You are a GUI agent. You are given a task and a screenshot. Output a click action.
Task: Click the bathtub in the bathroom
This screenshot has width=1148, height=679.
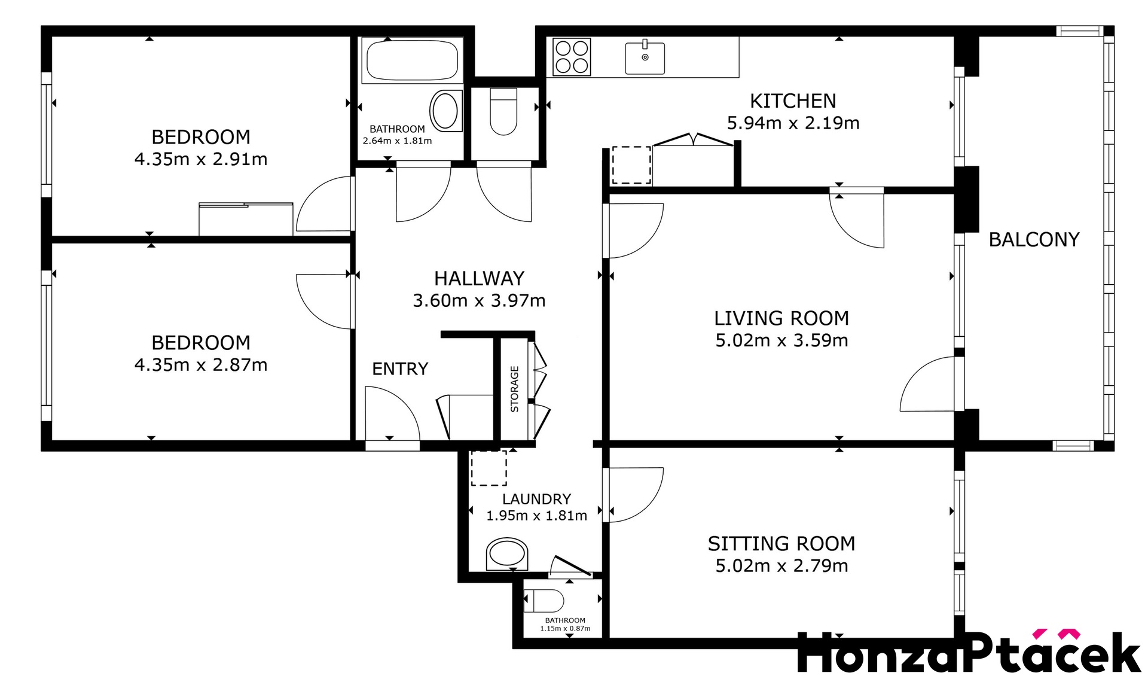click(x=412, y=60)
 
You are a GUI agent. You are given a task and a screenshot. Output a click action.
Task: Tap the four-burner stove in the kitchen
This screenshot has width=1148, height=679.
click(x=572, y=57)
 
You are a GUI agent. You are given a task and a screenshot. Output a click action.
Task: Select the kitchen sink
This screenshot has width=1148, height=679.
click(x=645, y=57)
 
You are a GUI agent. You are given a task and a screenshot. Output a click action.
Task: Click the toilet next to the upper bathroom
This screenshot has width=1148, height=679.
click(x=503, y=111)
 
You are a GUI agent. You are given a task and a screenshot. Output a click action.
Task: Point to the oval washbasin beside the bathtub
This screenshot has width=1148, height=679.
click(x=446, y=111)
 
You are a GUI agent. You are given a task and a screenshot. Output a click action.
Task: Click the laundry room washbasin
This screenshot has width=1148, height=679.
click(x=507, y=554)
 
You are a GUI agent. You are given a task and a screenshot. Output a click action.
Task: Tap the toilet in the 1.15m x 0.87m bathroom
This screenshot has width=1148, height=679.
click(x=544, y=601)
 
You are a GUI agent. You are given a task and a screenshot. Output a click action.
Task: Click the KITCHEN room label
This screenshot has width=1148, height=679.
click(x=793, y=101)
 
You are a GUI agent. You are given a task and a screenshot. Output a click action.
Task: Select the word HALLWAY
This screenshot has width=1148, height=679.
click(x=479, y=278)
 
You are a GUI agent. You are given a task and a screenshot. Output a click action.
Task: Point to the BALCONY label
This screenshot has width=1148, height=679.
click(x=1034, y=239)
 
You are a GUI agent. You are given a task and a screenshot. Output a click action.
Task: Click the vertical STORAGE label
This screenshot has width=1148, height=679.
click(x=514, y=389)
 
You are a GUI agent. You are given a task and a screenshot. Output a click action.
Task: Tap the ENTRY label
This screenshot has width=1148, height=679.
click(x=400, y=369)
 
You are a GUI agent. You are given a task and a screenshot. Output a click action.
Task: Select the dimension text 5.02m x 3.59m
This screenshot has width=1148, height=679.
click(x=781, y=340)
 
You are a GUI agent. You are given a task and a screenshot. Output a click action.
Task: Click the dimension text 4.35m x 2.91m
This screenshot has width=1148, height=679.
click(x=201, y=159)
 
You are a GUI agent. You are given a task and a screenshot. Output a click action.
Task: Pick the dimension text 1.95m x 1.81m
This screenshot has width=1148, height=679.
click(x=536, y=516)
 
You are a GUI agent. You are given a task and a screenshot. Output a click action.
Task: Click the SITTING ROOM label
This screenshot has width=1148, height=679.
click(x=781, y=543)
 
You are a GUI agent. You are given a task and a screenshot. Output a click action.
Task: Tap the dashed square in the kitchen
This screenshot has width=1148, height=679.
click(x=631, y=165)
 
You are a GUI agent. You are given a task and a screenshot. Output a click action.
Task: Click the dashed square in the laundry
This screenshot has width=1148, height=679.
click(x=488, y=468)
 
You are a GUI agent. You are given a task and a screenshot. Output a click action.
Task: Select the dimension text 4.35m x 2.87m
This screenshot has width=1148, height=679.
click(x=201, y=365)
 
